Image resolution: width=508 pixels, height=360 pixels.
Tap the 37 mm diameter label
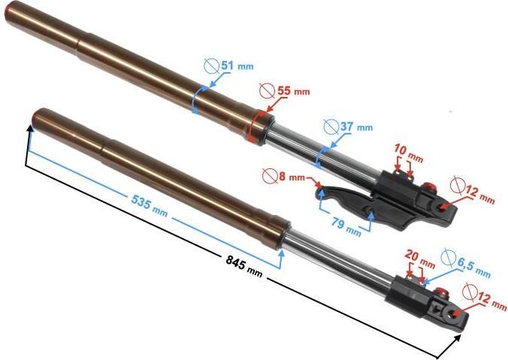pos(356,126)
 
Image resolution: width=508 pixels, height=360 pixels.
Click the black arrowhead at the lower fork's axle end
pos(456,340)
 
